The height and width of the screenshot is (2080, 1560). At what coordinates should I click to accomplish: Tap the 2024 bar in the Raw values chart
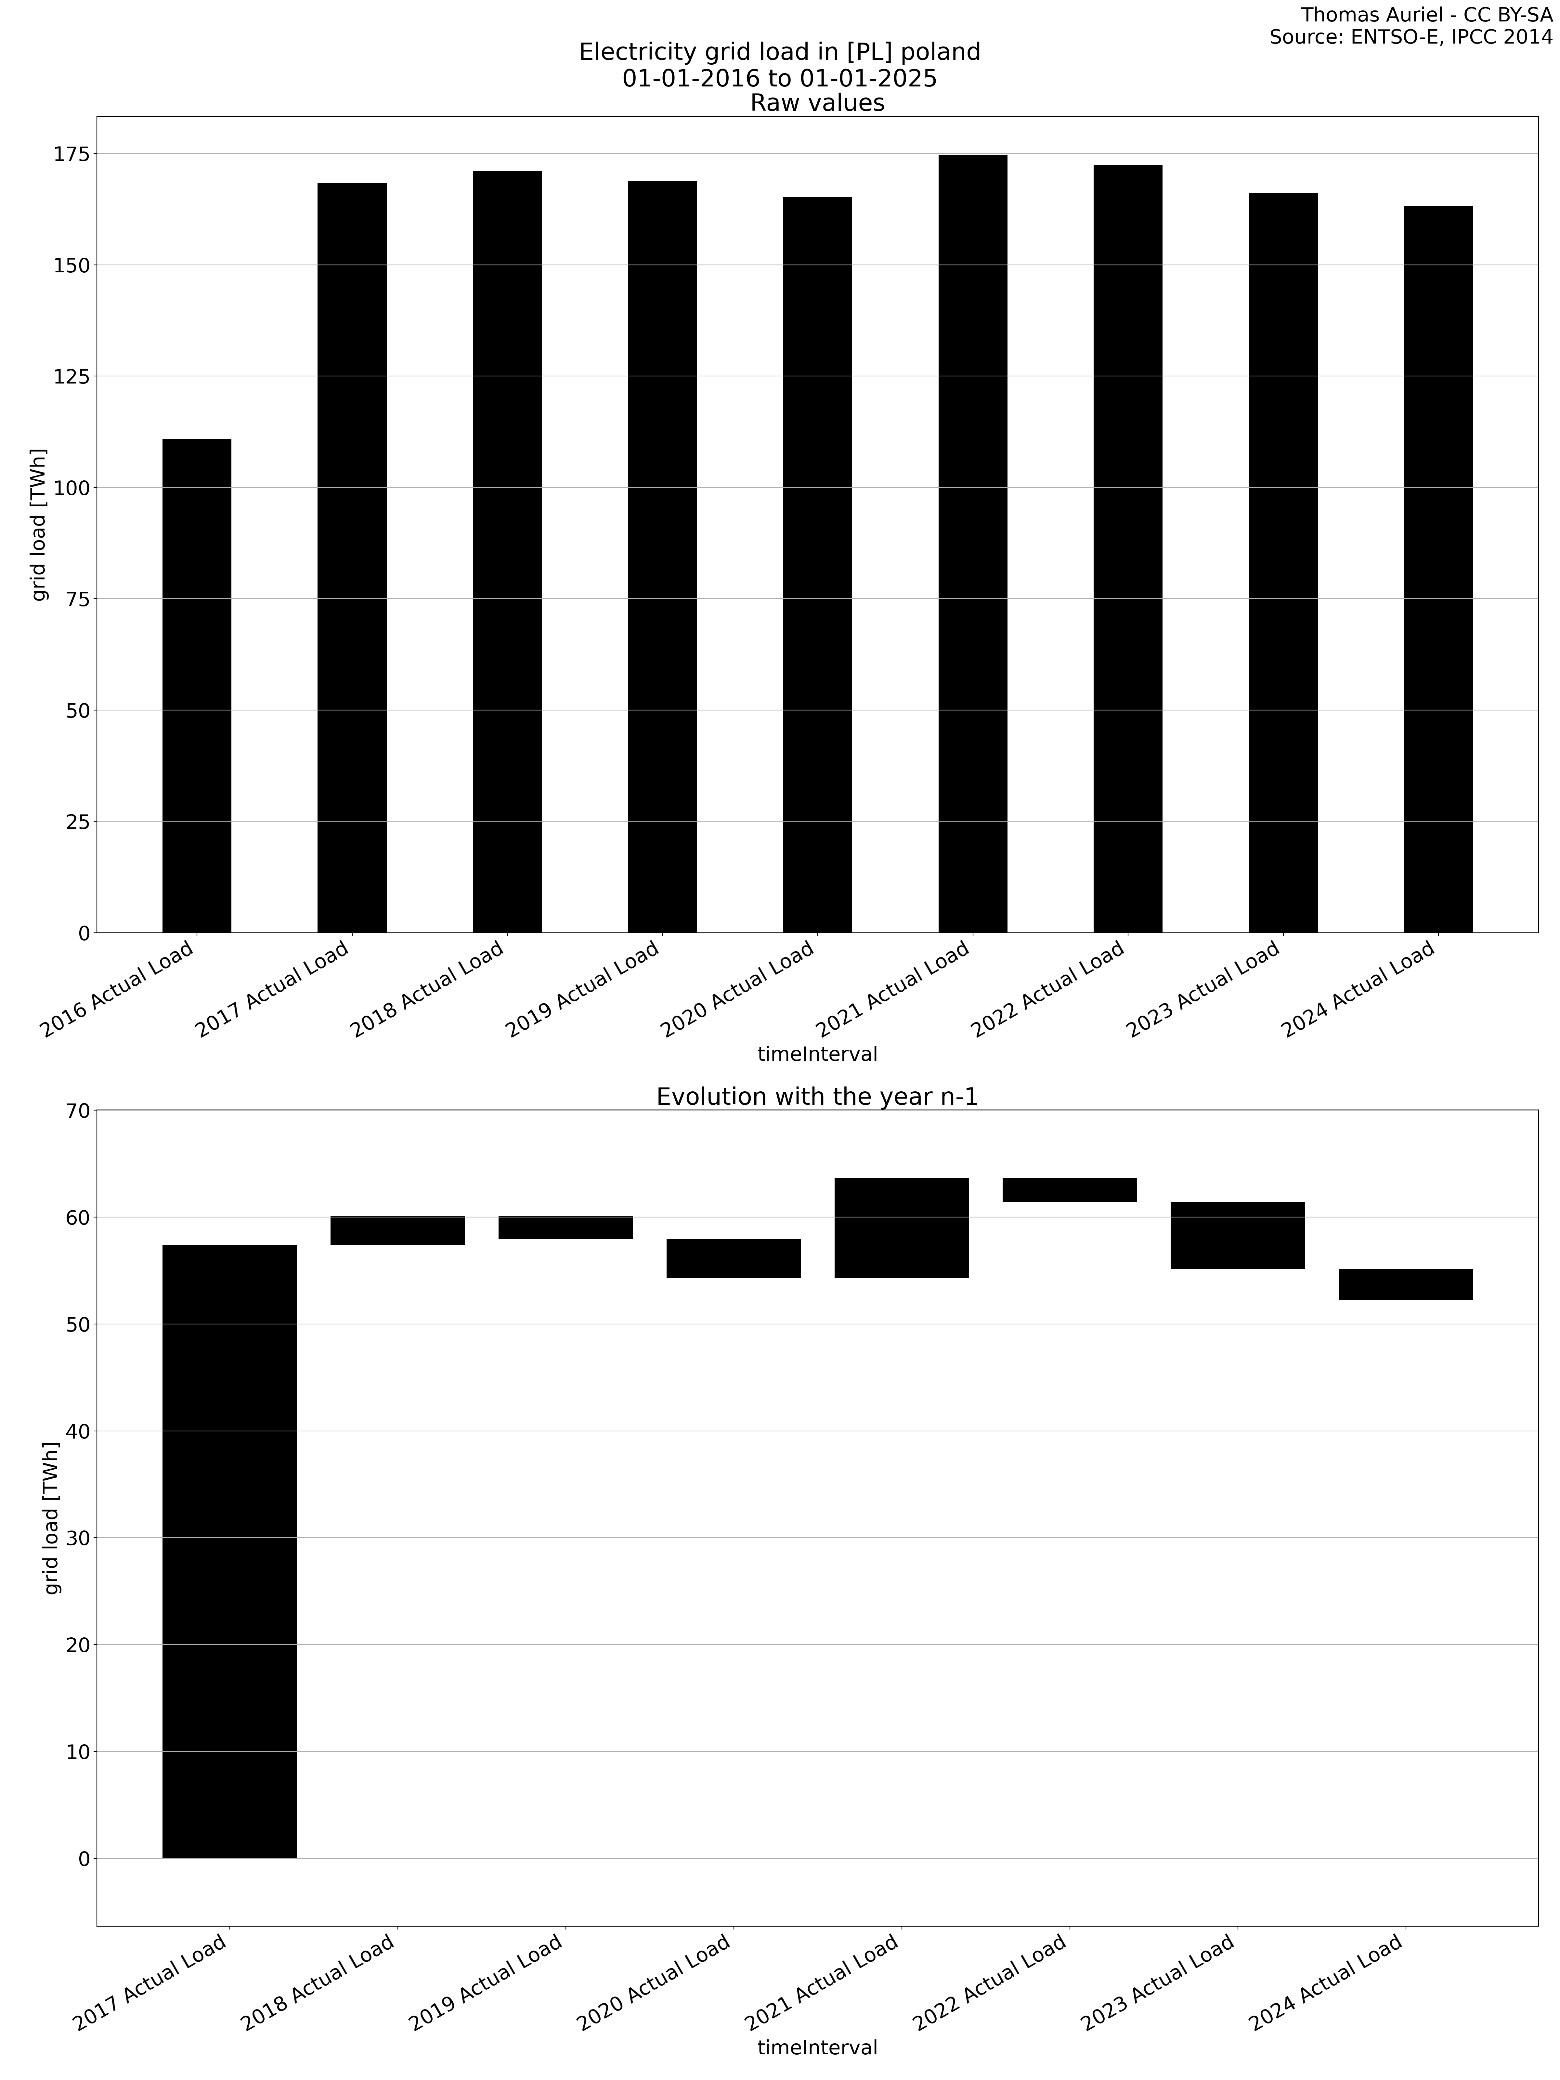click(1438, 569)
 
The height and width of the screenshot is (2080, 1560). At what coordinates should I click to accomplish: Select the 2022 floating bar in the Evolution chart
click(1069, 1189)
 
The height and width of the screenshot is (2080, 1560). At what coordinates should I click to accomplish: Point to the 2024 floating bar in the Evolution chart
click(1405, 1284)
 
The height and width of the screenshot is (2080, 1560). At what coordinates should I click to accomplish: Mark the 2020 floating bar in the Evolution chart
click(734, 1258)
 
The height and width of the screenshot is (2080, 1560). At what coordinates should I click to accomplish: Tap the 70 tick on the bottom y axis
click(79, 1111)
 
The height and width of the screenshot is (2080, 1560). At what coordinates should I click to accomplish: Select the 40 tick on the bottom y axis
click(79, 1431)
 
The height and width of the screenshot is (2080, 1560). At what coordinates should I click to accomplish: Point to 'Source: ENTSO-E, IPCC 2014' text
click(1410, 38)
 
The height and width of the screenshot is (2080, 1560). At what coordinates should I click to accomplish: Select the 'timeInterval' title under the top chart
click(817, 1054)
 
